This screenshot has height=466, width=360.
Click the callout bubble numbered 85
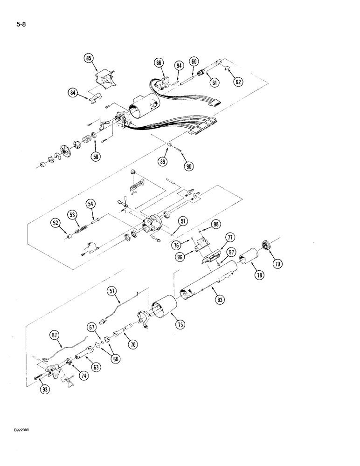89,58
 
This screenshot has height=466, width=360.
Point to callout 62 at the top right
238,82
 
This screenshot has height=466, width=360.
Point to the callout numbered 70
133,345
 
